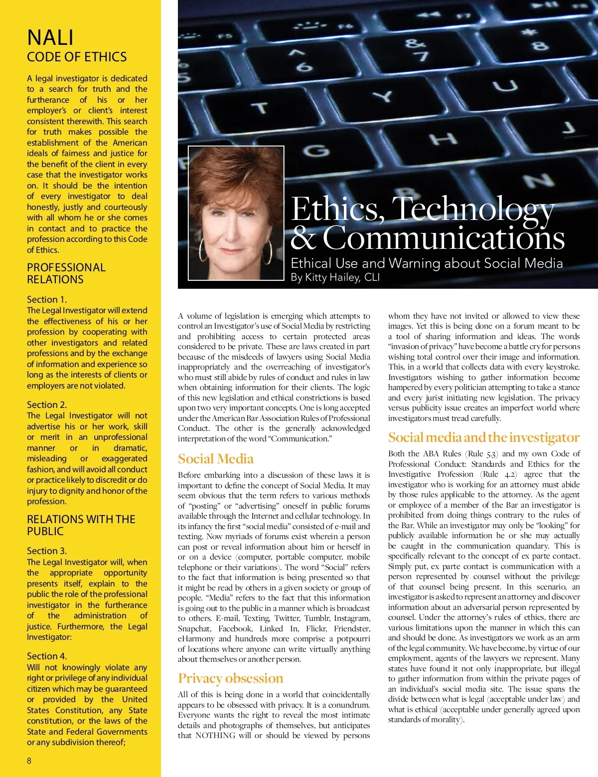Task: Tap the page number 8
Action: pos(29,761)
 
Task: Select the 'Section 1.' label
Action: pos(47,299)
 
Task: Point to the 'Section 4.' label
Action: pos(47,656)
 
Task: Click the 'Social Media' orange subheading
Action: pos(216,459)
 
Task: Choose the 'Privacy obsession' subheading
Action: pos(230,678)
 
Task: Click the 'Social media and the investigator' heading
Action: pos(483,437)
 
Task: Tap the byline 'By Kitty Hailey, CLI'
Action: pos(335,277)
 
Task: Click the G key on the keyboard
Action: pos(316,150)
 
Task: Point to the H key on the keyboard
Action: pos(443,138)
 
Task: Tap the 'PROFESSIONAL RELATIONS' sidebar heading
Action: pos(66,273)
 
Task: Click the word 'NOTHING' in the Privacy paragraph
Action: pos(215,736)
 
